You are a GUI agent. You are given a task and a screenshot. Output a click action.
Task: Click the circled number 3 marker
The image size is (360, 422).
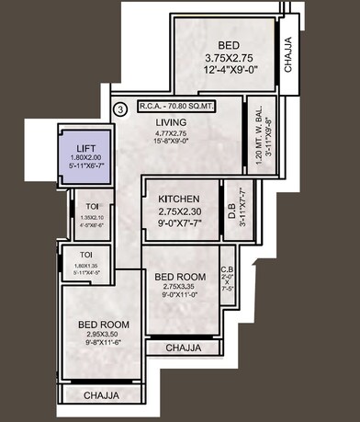tap(118, 109)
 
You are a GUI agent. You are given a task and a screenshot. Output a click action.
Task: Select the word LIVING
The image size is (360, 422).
tap(171, 121)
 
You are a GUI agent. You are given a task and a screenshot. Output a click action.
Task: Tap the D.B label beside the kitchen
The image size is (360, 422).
tap(231, 209)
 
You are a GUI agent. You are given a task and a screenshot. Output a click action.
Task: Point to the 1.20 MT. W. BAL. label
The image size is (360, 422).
tap(260, 133)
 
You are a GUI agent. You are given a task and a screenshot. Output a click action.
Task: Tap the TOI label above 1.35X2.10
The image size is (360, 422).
tap(85, 207)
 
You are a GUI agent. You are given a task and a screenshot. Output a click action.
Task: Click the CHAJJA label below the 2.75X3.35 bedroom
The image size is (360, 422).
tap(186, 348)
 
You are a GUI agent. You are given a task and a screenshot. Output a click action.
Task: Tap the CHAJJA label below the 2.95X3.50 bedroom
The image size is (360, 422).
tap(101, 395)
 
